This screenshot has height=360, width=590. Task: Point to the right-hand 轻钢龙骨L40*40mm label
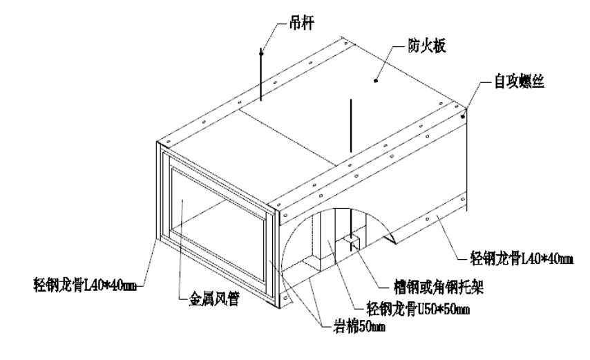(x=516, y=260)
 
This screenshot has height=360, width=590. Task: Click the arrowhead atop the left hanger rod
(x=261, y=50)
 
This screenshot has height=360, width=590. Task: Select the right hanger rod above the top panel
(x=352, y=124)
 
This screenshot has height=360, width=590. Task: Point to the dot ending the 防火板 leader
(x=375, y=82)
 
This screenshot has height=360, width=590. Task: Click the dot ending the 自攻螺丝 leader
(x=462, y=116)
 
